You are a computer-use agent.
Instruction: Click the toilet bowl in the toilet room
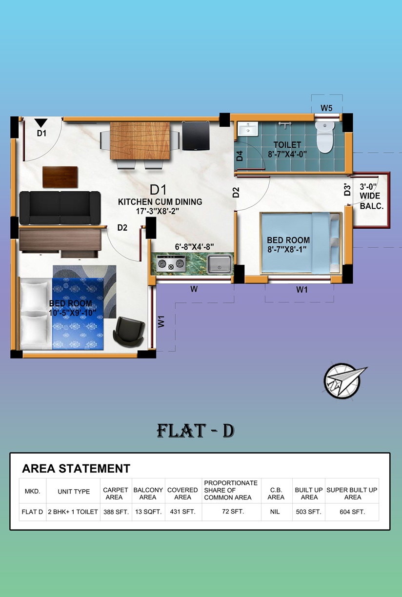point(325,137)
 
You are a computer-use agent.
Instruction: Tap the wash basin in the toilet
point(248,129)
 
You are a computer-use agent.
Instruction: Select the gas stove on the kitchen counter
point(171,263)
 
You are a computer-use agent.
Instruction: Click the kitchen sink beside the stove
point(220,264)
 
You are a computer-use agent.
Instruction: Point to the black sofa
point(60,208)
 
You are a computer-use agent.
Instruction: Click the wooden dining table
point(140,140)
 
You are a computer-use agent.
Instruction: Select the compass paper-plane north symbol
point(344,380)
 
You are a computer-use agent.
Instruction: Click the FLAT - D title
point(196,431)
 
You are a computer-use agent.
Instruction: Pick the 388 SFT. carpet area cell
point(116,512)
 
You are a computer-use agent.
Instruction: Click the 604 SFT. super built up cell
point(352,512)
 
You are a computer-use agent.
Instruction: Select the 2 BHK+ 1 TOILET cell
point(73,512)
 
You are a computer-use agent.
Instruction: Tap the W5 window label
point(326,108)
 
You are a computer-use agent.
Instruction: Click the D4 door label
point(240,156)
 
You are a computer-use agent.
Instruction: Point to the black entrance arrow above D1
point(41,123)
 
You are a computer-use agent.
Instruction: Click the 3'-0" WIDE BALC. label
point(372,196)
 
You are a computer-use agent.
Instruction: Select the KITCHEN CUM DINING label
point(160,202)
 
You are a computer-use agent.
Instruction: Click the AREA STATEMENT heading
point(76,468)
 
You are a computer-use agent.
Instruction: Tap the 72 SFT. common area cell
point(233,512)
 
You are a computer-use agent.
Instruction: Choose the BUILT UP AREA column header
point(309,494)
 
